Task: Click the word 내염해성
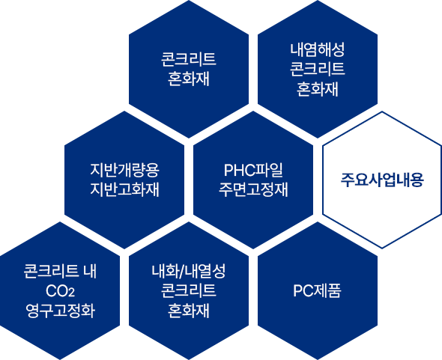coord(318,50)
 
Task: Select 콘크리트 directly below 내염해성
coord(318,69)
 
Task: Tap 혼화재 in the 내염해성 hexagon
coord(318,89)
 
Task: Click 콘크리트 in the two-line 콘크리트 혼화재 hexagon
coord(189,59)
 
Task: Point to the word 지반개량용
coord(124,170)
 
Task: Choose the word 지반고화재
coord(124,189)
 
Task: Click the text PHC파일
coord(253,170)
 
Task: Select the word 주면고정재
coord(253,189)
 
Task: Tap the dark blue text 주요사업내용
coord(382,180)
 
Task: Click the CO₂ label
coord(60,291)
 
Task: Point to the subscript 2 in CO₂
coord(72,293)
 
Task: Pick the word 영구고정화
coord(60,311)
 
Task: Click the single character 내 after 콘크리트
coord(90,271)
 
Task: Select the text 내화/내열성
coord(189,271)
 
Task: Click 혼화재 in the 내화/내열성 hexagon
coord(189,311)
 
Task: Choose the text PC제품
coord(318,290)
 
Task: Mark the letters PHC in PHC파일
coord(239,170)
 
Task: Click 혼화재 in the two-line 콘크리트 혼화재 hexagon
coord(189,79)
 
